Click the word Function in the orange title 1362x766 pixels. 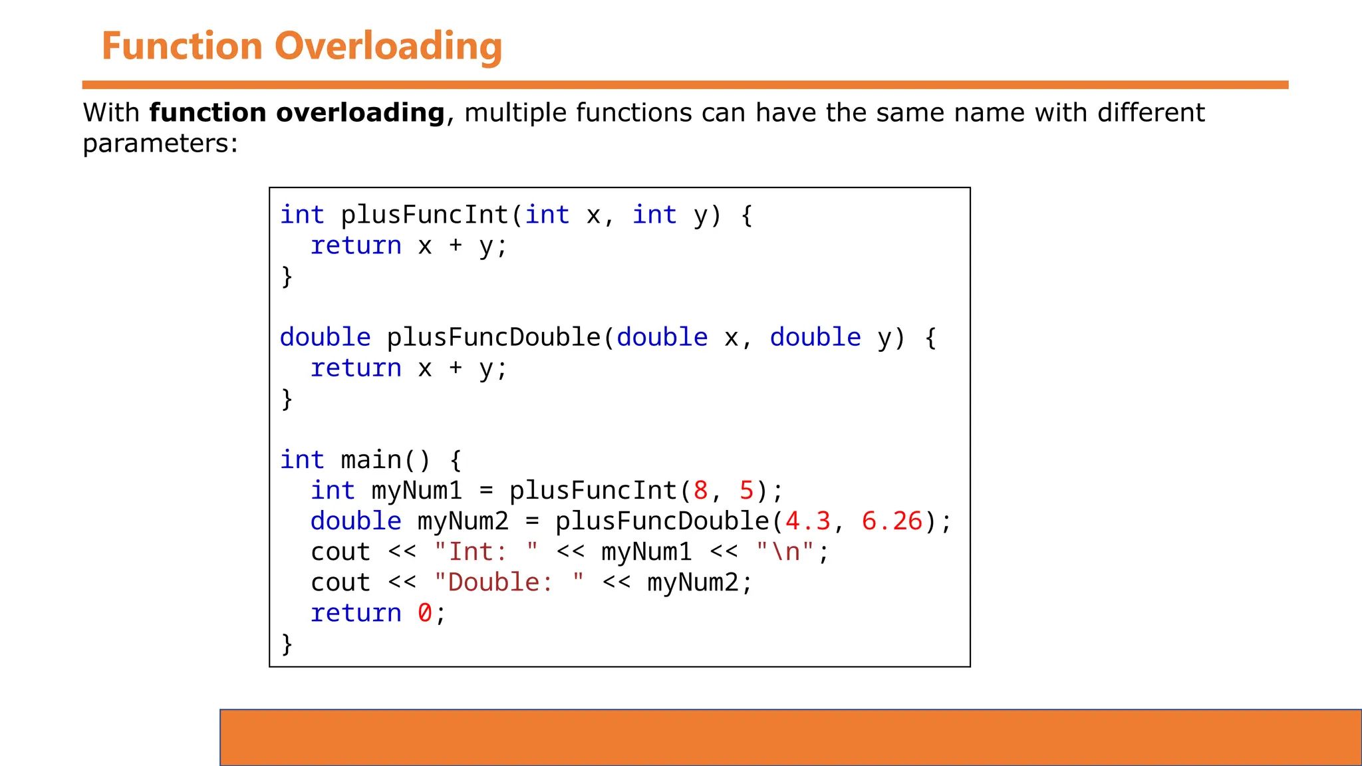[182, 47]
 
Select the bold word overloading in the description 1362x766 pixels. [360, 113]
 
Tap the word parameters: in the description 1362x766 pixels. [160, 144]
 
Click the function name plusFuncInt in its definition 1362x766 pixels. [424, 215]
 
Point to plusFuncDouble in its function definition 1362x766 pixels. [493, 337]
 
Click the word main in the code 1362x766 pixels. [371, 459]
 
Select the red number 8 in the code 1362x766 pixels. [700, 491]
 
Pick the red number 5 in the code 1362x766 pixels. [746, 491]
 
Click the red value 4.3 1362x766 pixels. [808, 521]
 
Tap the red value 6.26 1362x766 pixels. [892, 521]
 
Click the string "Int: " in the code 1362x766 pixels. [485, 552]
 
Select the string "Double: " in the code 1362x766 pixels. [509, 582]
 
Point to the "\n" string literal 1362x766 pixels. [785, 552]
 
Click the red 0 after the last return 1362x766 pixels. [424, 613]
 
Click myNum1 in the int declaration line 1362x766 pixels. [416, 491]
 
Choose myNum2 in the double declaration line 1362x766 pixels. [463, 521]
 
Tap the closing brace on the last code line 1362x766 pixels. [287, 644]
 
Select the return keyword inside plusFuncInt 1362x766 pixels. [356, 245]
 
